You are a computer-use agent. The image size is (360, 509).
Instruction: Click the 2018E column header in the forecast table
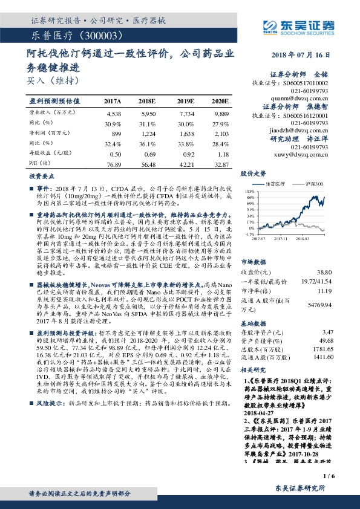pos(148,100)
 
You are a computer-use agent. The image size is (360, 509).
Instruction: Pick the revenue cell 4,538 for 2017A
pos(113,113)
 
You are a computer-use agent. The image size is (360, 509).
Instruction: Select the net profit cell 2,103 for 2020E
pos(221,132)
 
